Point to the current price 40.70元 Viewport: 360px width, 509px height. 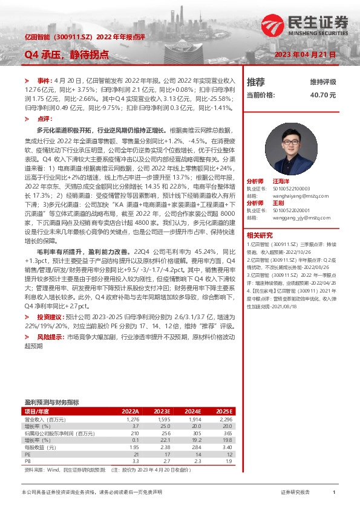[x=322, y=95]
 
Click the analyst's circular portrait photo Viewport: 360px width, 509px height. [x=292, y=149]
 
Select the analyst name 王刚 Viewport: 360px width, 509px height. [x=278, y=203]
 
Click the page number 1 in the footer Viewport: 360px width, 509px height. [x=333, y=493]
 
